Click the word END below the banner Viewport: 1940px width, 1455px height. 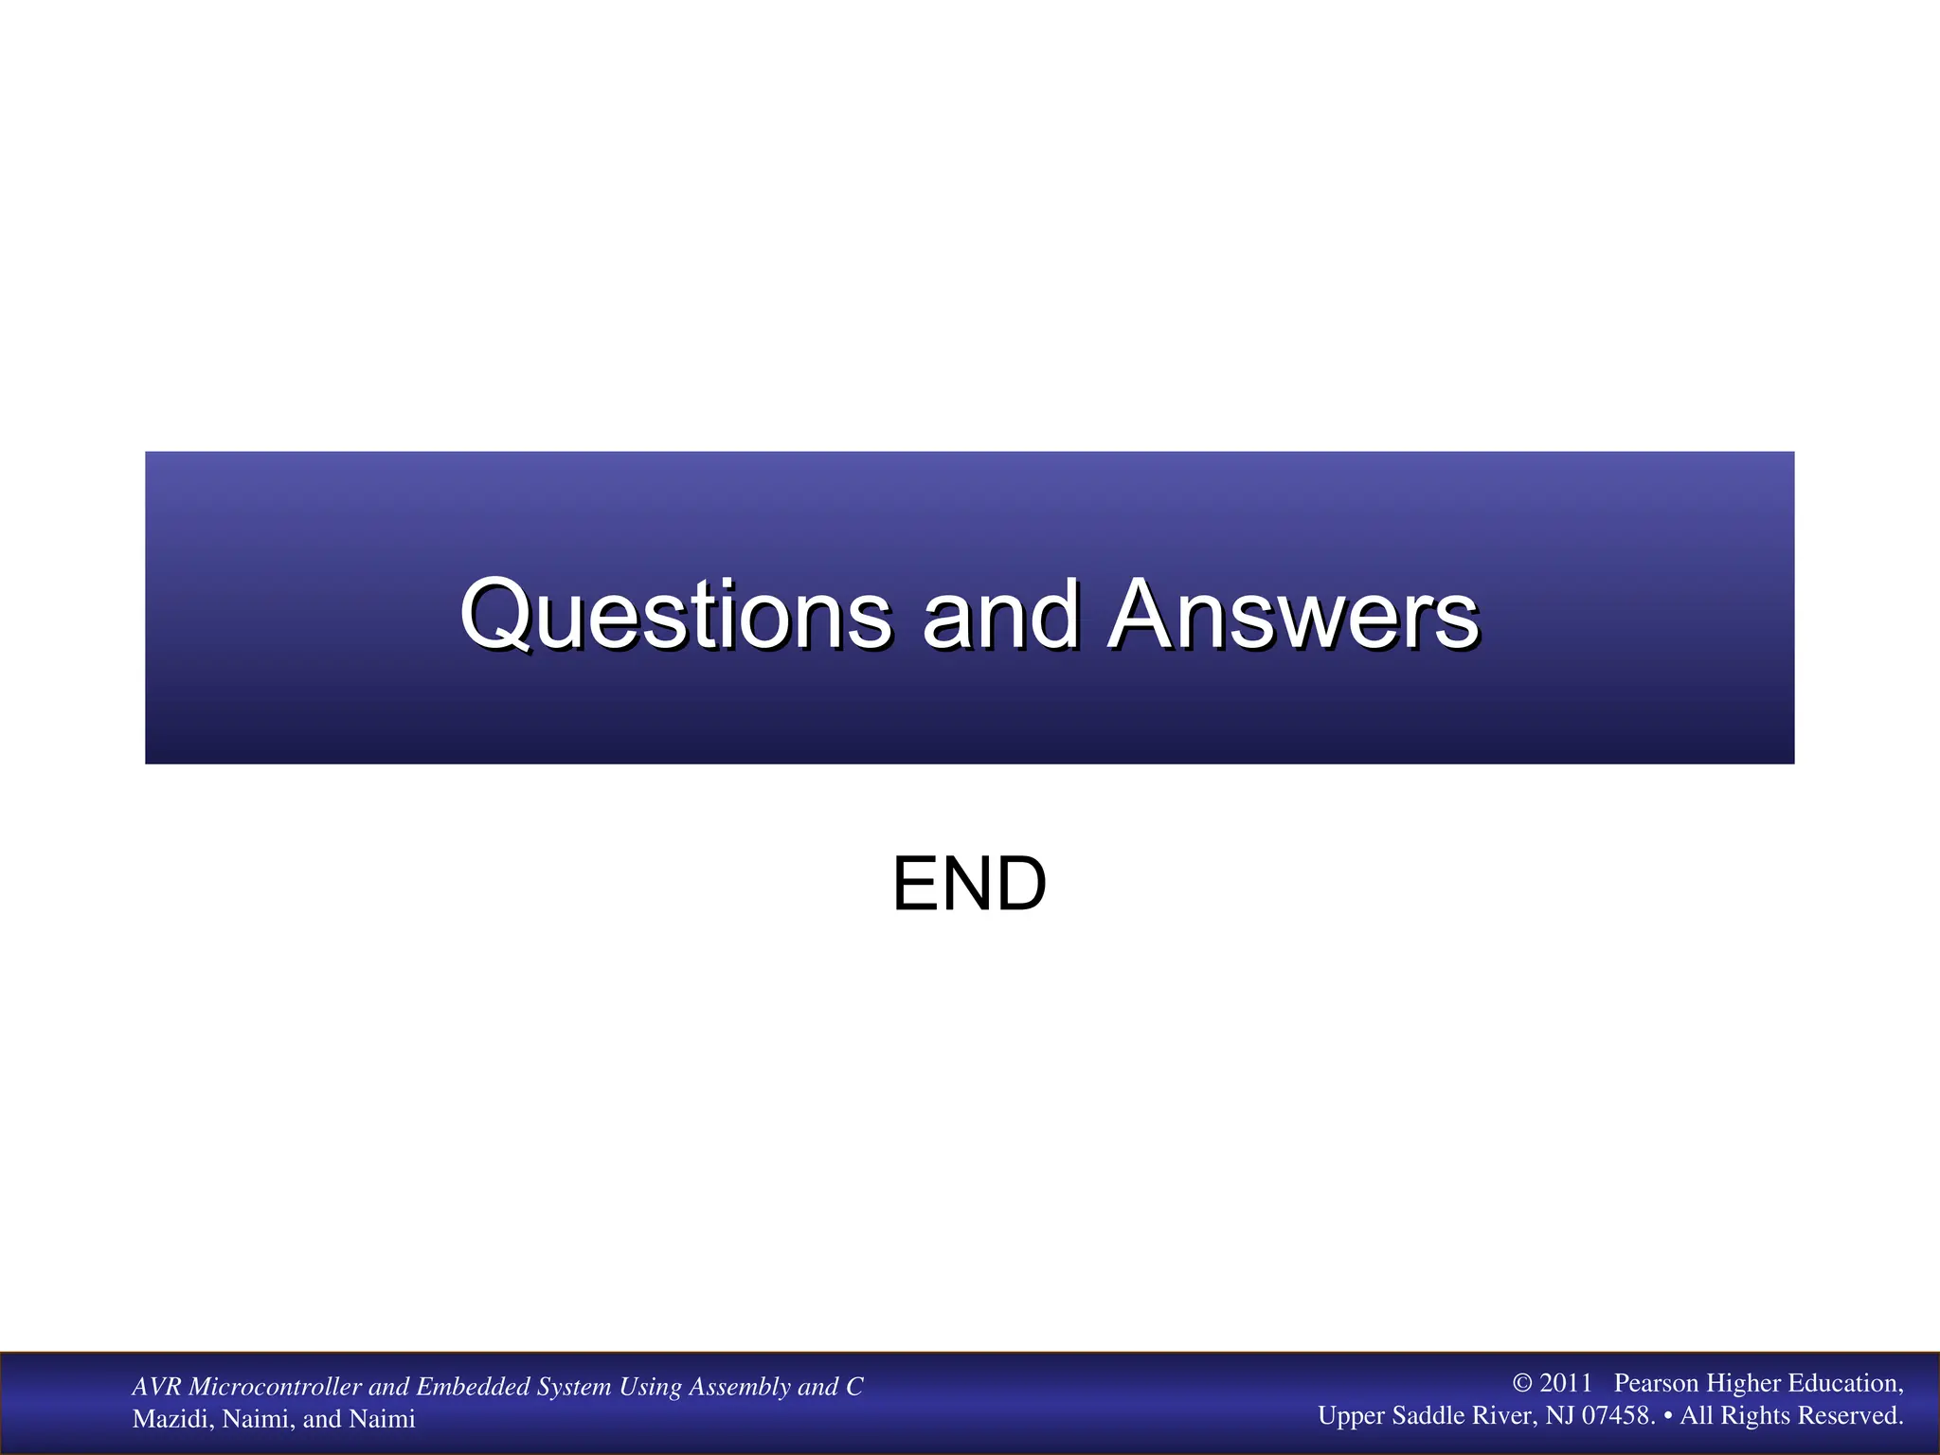(969, 884)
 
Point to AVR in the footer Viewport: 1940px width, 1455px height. (156, 1387)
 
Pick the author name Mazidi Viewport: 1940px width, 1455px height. (172, 1419)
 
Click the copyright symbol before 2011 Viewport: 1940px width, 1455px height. (1522, 1383)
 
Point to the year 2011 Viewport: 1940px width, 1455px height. (1566, 1383)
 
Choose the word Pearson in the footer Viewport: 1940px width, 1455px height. (1656, 1383)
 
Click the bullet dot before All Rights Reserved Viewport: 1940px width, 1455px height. (1667, 1415)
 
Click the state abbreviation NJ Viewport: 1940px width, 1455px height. (1560, 1415)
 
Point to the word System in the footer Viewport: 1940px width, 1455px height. (574, 1387)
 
